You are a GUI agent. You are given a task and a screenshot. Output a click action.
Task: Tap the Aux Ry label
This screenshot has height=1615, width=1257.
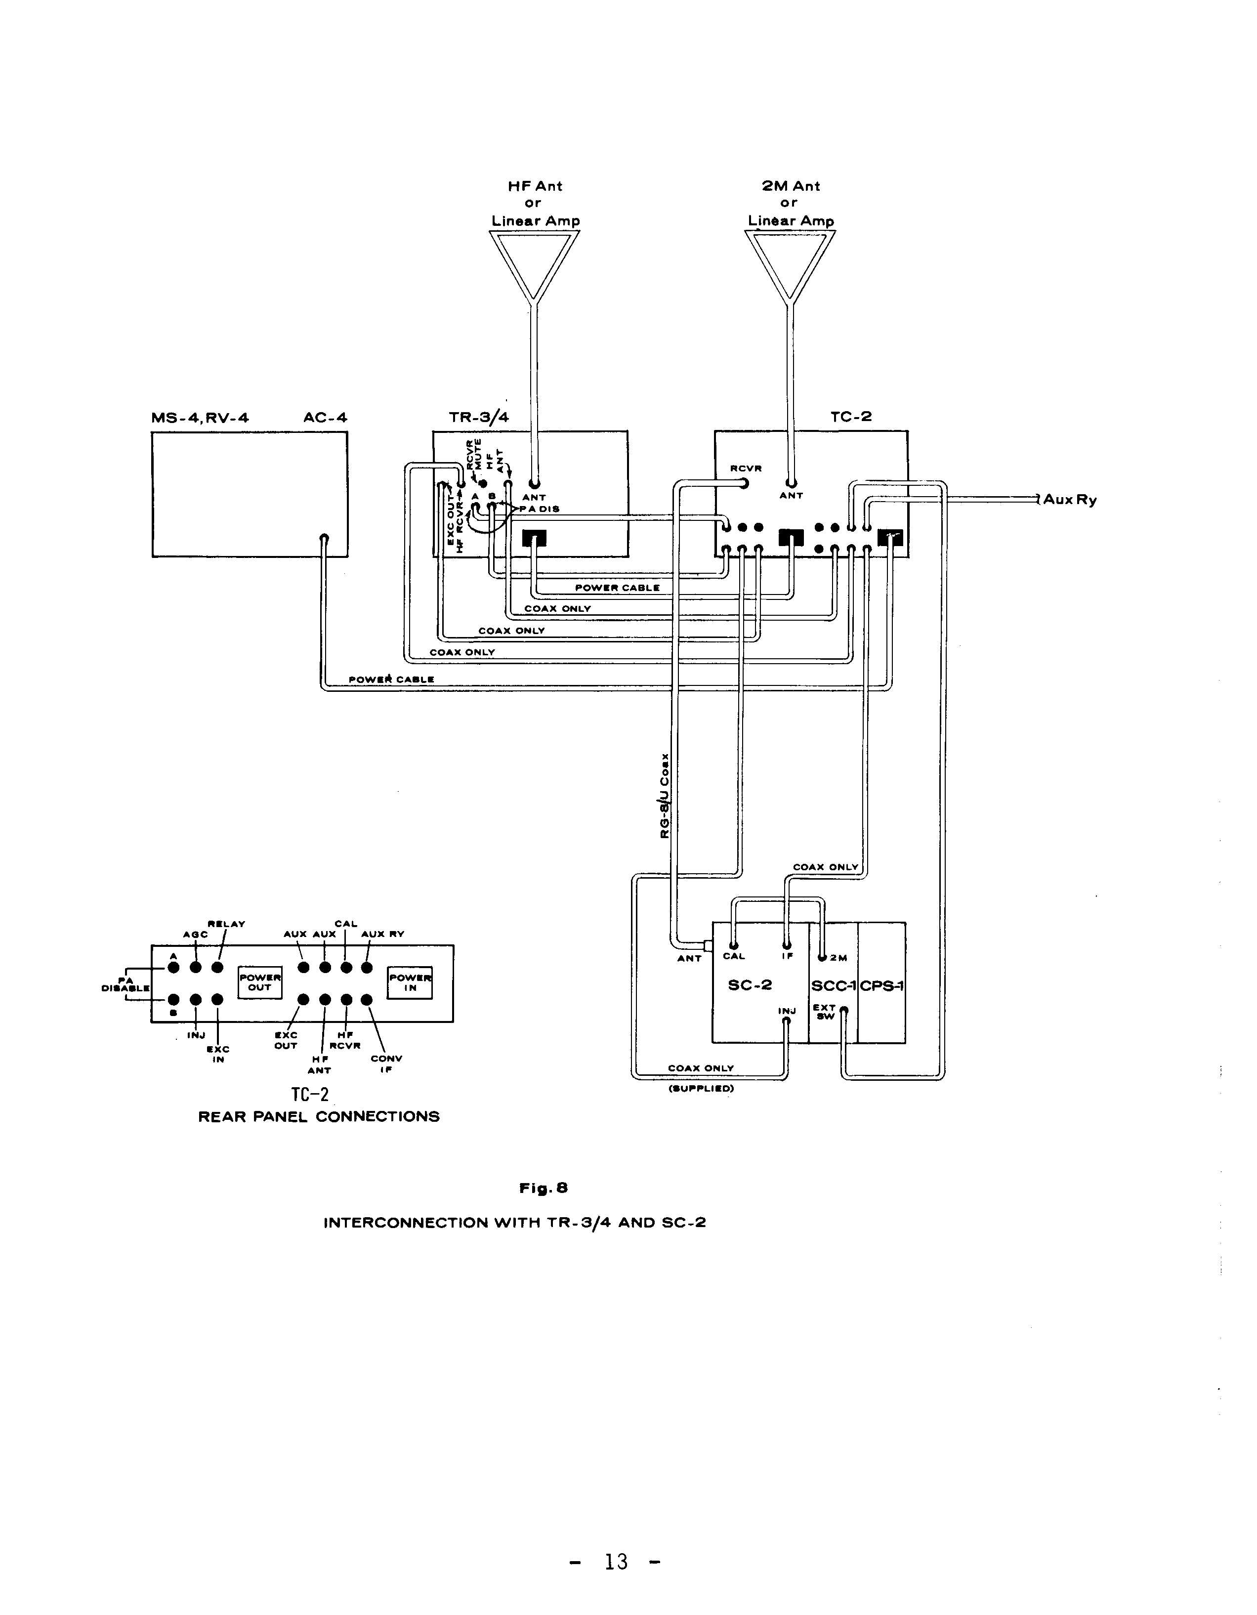point(1070,500)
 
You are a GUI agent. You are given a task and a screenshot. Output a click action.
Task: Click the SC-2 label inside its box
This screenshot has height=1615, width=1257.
point(750,985)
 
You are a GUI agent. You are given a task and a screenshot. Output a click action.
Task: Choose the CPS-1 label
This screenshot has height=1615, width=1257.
point(882,986)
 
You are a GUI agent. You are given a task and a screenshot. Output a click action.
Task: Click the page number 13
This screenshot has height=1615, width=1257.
point(616,1561)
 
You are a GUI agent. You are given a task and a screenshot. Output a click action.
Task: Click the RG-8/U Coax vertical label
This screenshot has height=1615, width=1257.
point(665,796)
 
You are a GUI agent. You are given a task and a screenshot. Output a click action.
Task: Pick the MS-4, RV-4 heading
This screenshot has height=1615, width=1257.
point(200,418)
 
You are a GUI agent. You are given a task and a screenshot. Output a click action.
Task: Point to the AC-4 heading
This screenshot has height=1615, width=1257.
point(325,418)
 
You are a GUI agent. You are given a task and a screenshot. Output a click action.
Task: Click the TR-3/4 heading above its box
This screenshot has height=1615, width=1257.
point(478,417)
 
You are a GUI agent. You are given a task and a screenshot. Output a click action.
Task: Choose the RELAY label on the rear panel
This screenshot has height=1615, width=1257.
point(226,924)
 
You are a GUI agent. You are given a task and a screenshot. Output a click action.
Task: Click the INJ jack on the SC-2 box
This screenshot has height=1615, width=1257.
point(787,1020)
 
